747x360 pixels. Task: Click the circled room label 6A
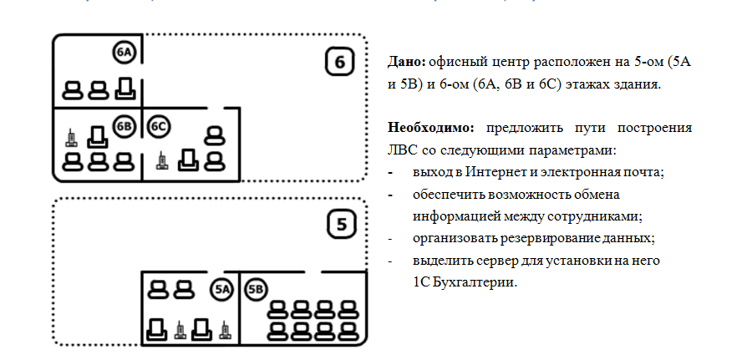pyautogui.click(x=124, y=53)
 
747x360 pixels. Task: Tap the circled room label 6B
pyautogui.click(x=124, y=126)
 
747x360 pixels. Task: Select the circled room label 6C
pyautogui.click(x=159, y=126)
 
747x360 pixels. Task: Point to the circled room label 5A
pyautogui.click(x=221, y=290)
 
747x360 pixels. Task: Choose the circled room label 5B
pyautogui.click(x=257, y=290)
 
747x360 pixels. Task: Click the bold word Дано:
pyautogui.click(x=407, y=62)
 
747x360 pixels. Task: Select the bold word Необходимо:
pyautogui.click(x=430, y=129)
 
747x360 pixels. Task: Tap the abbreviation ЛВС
pyautogui.click(x=402, y=150)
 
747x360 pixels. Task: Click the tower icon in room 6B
pyautogui.click(x=73, y=135)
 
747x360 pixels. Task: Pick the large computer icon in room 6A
pyautogui.click(x=124, y=87)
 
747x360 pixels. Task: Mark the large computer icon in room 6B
pyautogui.click(x=98, y=135)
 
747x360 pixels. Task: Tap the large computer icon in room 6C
pyautogui.click(x=189, y=158)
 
